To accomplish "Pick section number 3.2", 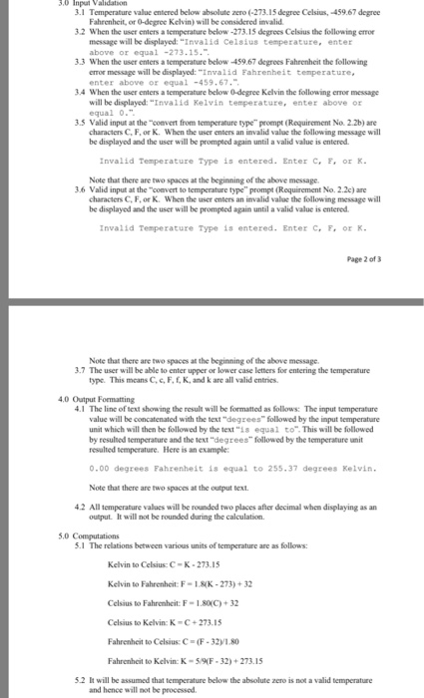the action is (x=42, y=32).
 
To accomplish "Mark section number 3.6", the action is (x=42, y=186).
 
